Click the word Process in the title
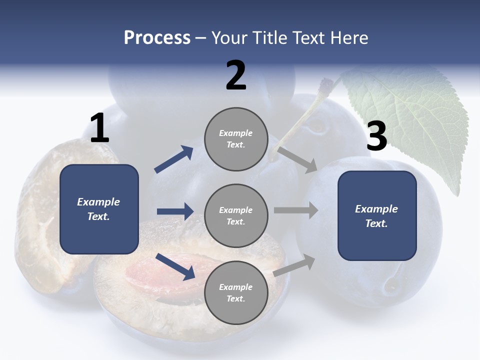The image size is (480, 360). tap(157, 37)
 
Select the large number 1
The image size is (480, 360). tap(100, 127)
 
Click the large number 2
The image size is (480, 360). tap(236, 75)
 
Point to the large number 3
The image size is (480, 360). tap(377, 135)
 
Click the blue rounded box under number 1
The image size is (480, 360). tap(99, 209)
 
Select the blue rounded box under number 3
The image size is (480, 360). tap(377, 216)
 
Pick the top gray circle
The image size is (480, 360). tap(236, 139)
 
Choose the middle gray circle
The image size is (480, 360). tap(236, 216)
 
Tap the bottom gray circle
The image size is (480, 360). tap(236, 293)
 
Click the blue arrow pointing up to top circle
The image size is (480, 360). tap(174, 159)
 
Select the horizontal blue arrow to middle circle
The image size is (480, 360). tap(175, 211)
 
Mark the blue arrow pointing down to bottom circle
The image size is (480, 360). tap(175, 267)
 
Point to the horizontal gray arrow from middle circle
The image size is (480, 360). tap(296, 210)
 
